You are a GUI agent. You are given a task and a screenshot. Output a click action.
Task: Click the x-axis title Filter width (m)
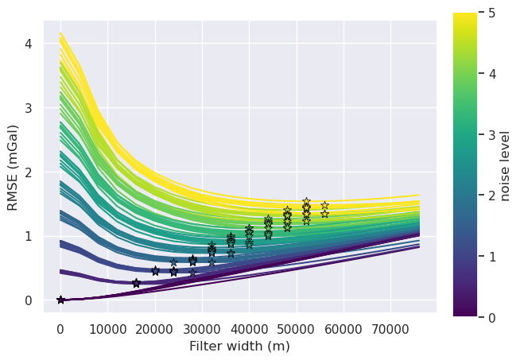click(x=239, y=346)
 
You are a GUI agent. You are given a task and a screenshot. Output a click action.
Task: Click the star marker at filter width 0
click(x=60, y=300)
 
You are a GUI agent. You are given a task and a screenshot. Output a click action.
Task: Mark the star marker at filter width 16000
click(x=136, y=283)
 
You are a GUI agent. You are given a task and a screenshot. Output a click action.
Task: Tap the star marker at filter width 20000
click(x=155, y=271)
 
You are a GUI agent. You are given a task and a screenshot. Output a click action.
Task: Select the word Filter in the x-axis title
click(x=205, y=346)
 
